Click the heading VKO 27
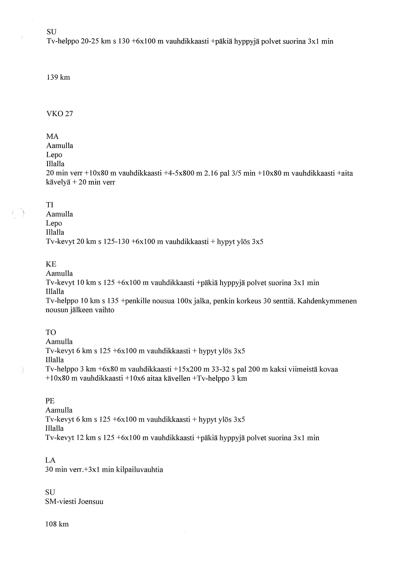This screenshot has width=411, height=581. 59,114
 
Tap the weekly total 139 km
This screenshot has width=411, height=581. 58,77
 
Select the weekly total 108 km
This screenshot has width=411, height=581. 57,524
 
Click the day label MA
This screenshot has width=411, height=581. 52,137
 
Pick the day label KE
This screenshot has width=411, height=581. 51,264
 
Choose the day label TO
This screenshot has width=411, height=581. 51,332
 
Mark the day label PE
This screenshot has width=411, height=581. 50,401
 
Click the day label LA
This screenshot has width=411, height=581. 50,460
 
